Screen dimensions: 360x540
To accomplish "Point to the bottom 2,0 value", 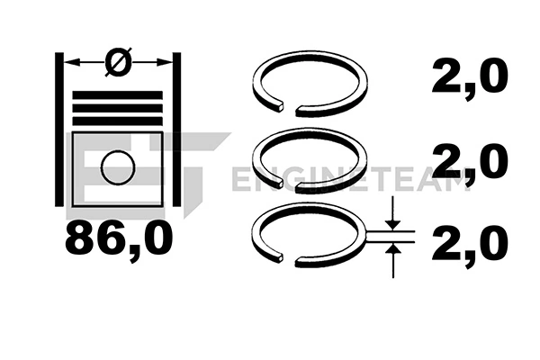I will [471, 244].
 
